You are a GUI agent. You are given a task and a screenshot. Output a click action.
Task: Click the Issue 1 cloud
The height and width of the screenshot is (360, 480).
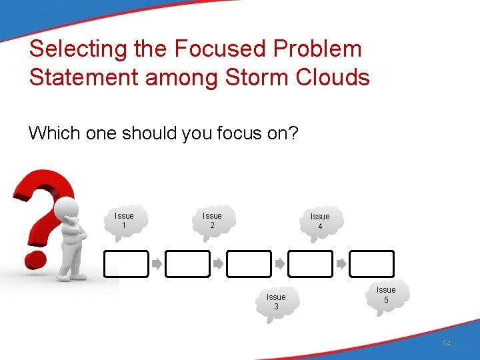pyautogui.click(x=124, y=221)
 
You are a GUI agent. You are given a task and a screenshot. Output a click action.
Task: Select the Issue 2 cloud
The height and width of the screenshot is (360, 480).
pyautogui.click(x=212, y=221)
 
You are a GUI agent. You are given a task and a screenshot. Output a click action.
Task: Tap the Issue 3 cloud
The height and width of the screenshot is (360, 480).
pyautogui.click(x=276, y=302)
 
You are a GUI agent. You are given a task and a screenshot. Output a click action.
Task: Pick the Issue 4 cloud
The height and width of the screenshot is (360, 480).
pyautogui.click(x=320, y=221)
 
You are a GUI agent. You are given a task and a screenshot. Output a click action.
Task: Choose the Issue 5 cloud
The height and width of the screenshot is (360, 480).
pyautogui.click(x=386, y=295)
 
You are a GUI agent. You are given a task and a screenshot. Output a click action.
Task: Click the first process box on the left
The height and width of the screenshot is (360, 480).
pyautogui.click(x=126, y=264)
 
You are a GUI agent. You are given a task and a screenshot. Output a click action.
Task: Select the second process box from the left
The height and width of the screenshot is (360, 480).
pyautogui.click(x=187, y=264)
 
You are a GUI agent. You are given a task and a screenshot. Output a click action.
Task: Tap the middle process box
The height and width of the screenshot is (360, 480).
pyautogui.click(x=249, y=264)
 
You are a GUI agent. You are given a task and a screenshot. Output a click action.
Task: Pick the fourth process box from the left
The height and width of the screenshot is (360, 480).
pyautogui.click(x=310, y=264)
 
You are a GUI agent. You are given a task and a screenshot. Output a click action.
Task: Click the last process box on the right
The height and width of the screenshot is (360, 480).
pyautogui.click(x=372, y=264)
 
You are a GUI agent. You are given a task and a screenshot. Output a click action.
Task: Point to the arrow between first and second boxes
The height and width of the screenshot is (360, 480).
pyautogui.click(x=157, y=264)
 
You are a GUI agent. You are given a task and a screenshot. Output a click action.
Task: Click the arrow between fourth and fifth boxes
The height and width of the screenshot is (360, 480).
pyautogui.click(x=341, y=264)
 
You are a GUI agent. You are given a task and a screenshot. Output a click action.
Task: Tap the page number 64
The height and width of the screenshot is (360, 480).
pyautogui.click(x=447, y=343)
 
